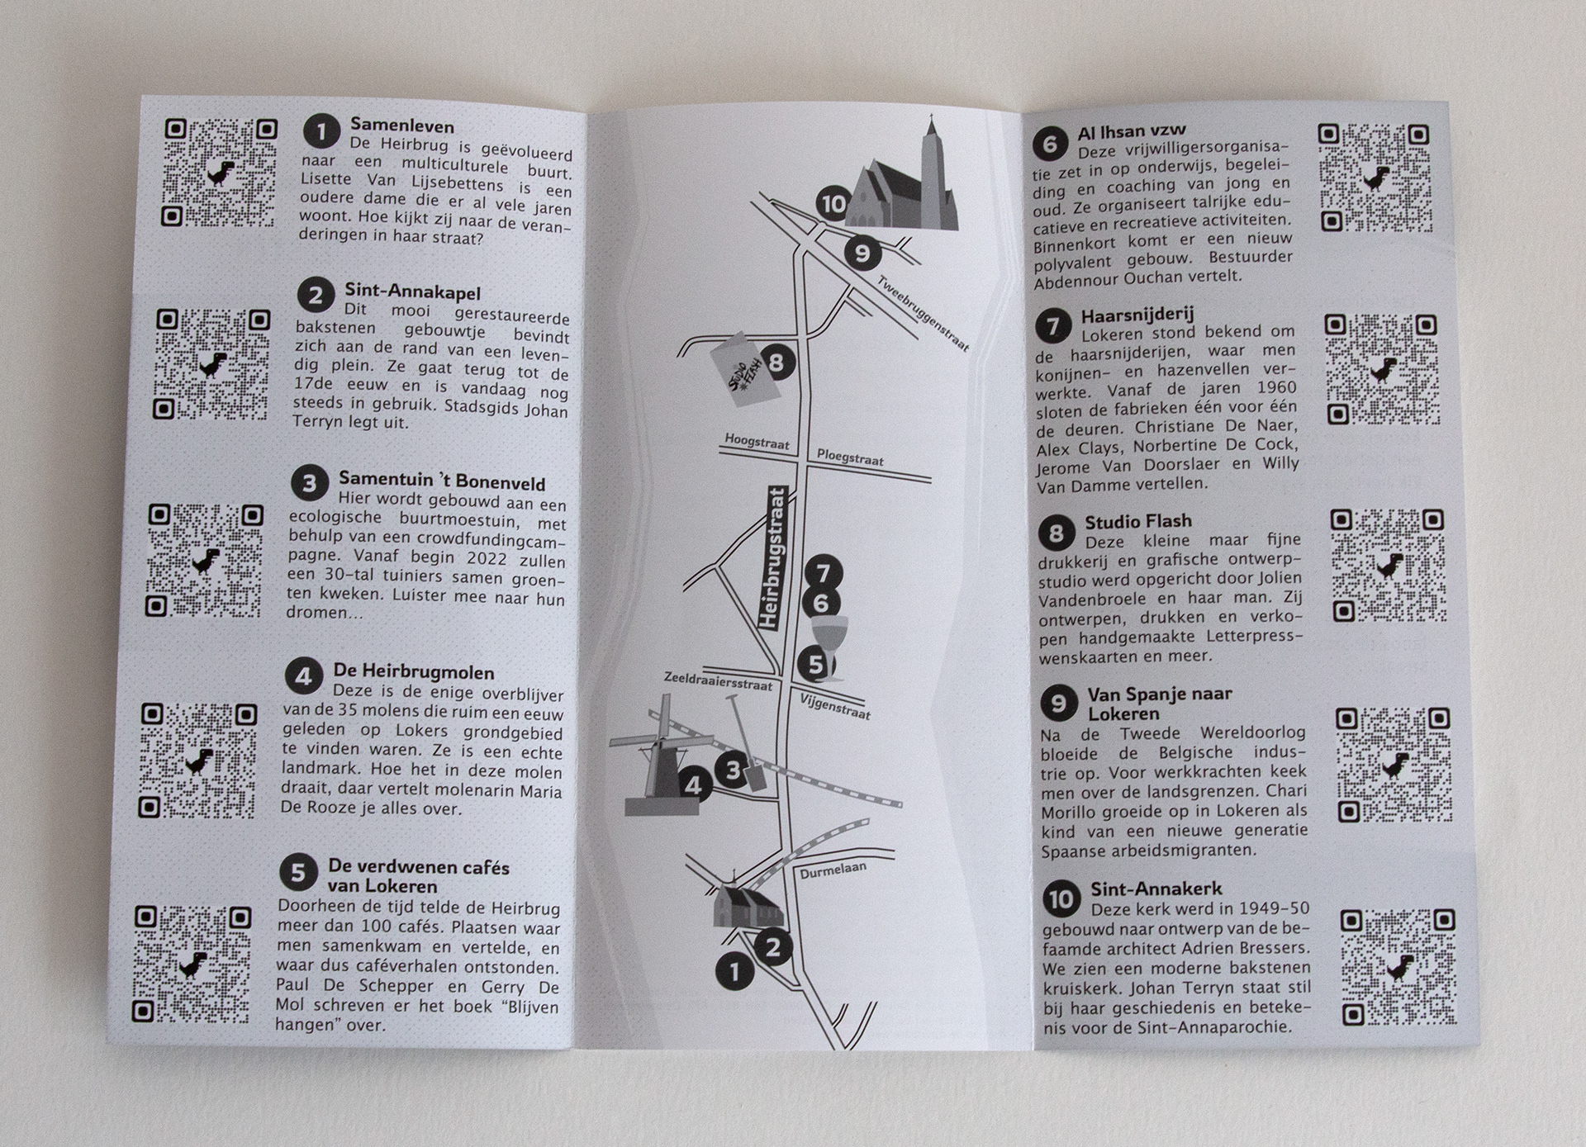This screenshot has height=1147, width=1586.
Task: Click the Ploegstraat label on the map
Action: coord(850,457)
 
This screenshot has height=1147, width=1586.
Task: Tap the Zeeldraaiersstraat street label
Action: coord(718,680)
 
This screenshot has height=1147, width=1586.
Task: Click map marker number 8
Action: coord(776,362)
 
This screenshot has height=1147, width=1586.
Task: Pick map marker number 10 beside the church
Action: coord(833,202)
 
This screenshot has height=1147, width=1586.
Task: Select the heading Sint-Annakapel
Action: coord(412,293)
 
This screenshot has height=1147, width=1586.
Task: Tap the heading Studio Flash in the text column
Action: coord(1137,521)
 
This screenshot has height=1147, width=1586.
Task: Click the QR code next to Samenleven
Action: coord(220,173)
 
